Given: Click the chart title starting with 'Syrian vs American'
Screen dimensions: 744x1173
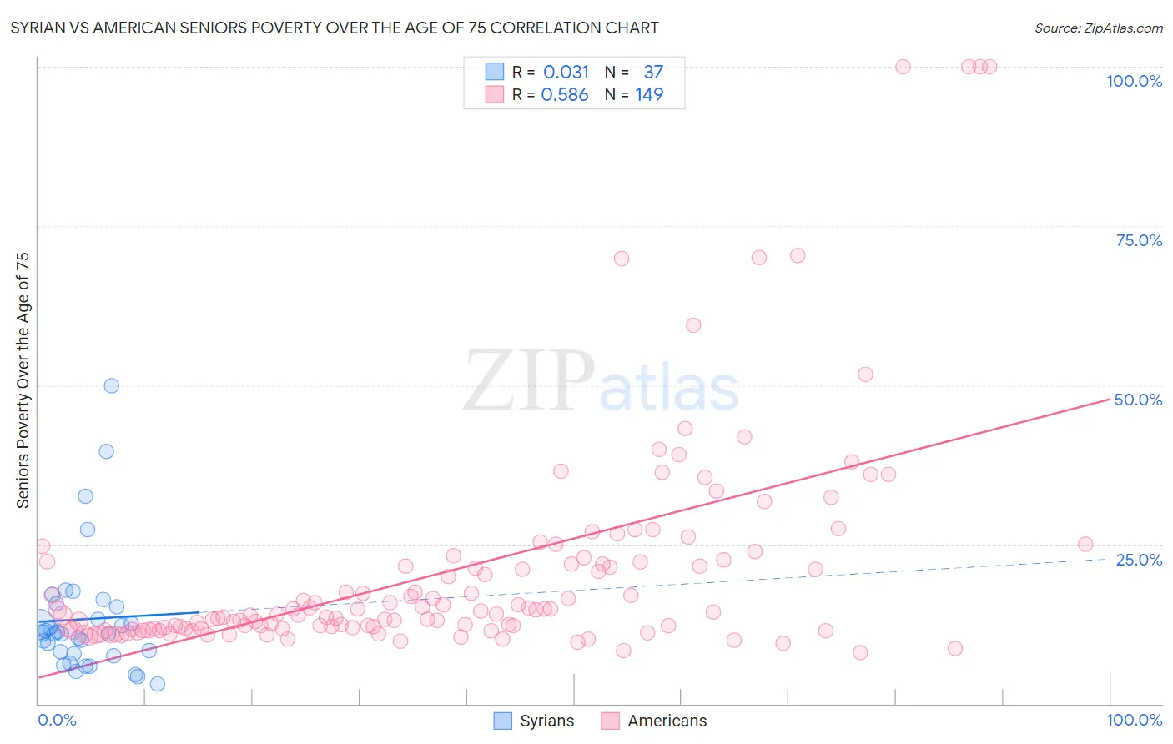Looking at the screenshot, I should tap(335, 28).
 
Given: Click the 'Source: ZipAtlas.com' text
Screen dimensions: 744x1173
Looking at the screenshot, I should tap(1098, 28).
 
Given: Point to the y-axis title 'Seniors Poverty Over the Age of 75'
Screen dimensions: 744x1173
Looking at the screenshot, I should tap(23, 380).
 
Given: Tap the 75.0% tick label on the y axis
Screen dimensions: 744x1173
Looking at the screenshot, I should tap(1139, 240).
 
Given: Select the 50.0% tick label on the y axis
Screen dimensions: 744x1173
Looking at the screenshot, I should tap(1138, 400).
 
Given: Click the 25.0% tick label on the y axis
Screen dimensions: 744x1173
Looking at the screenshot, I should tap(1139, 560).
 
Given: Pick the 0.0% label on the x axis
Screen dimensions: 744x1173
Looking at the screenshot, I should tap(57, 720).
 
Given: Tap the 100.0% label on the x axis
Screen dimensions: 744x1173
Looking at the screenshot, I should tap(1134, 720).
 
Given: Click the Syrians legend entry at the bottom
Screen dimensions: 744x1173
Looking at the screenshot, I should tap(534, 721).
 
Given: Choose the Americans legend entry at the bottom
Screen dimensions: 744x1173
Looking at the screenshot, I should tap(654, 721).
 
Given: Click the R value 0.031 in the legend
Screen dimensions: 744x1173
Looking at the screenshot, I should tap(566, 73).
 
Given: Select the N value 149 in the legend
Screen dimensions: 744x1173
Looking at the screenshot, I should tap(649, 95).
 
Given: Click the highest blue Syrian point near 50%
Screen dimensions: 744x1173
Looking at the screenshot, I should tap(111, 385).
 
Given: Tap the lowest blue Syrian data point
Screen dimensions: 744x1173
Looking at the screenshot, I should tap(157, 684).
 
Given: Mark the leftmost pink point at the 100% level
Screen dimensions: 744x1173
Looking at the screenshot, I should tap(903, 67).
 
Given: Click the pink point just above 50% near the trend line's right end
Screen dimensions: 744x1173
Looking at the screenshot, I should tap(865, 375).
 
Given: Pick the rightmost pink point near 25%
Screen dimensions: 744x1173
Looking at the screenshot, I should tap(1085, 544).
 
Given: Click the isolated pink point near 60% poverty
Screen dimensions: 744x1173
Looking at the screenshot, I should tap(693, 325).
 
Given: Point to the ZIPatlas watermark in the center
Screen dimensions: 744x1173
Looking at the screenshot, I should tap(601, 382).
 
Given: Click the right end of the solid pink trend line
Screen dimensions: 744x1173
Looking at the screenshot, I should tap(1109, 400).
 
